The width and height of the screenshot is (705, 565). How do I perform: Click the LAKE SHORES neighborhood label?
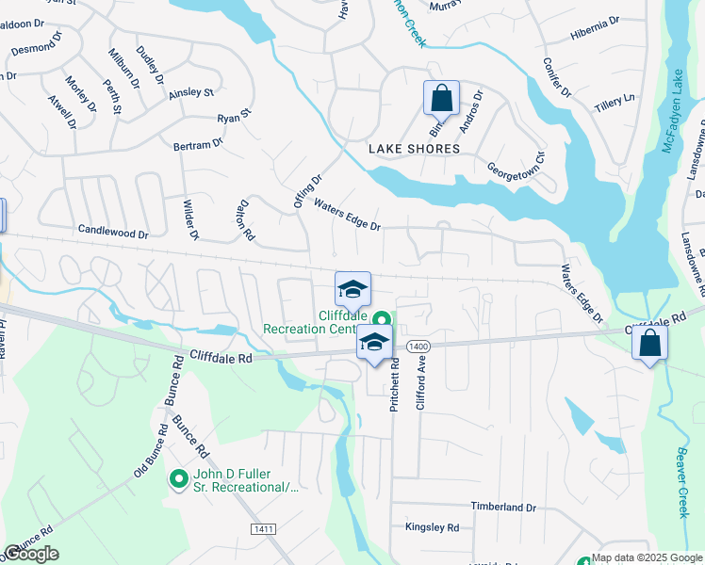(414, 149)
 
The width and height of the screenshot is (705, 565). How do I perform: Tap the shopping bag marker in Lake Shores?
(440, 97)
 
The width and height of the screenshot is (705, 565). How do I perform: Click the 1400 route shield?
(418, 347)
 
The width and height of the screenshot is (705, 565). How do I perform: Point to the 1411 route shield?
(263, 530)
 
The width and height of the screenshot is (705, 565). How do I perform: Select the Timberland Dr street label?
(503, 507)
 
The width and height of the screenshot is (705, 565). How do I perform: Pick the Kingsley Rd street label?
(432, 528)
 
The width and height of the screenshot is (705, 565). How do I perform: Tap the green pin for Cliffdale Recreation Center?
(382, 319)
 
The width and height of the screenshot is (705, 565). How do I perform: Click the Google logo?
(32, 554)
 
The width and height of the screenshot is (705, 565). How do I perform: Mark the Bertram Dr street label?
(197, 144)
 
